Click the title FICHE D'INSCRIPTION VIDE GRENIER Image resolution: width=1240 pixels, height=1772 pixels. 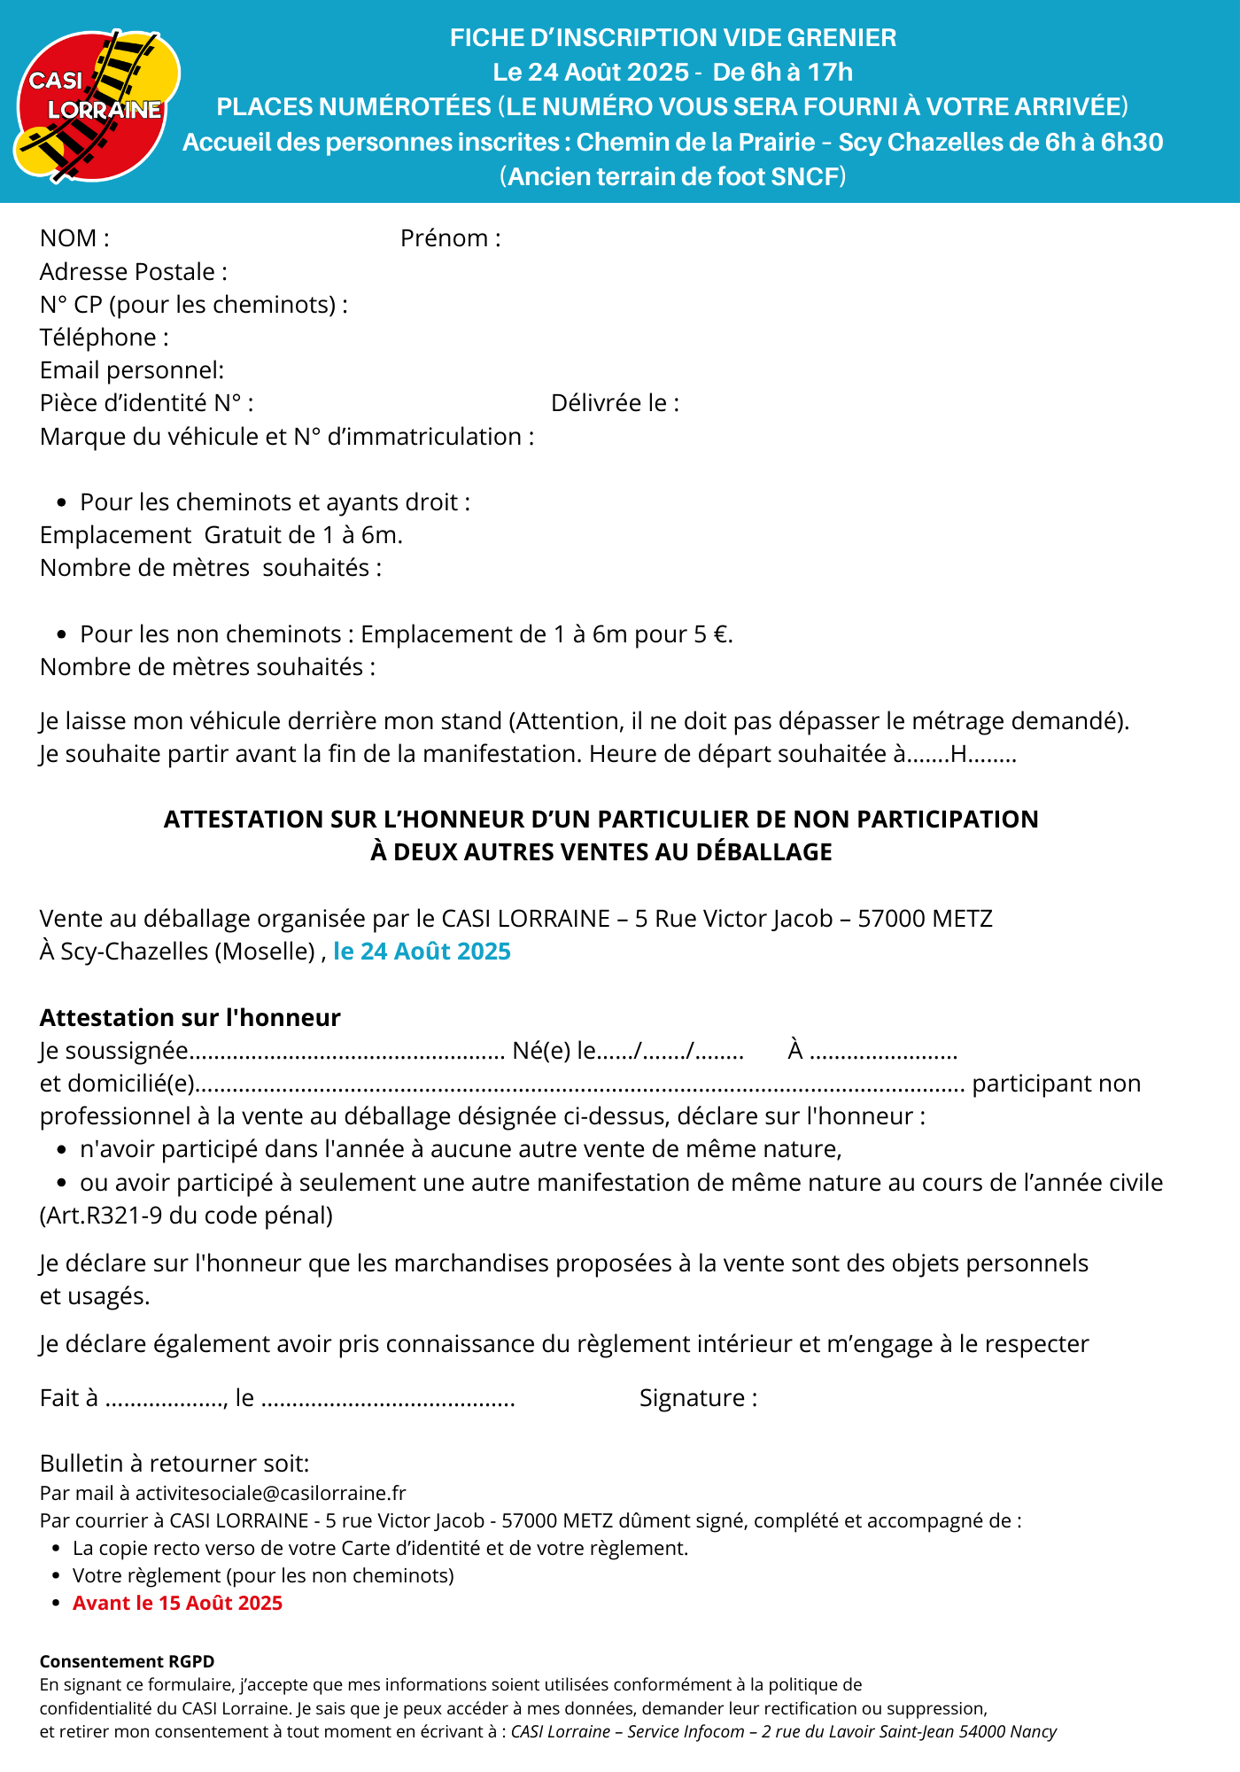(673, 38)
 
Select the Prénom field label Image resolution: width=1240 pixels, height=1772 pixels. (450, 238)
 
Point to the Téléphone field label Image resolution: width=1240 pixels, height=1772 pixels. (104, 338)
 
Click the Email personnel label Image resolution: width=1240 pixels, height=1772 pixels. (131, 370)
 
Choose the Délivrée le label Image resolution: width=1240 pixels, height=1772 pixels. (615, 403)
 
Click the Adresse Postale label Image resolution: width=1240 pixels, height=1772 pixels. (133, 272)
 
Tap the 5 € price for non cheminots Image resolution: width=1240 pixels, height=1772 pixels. (712, 634)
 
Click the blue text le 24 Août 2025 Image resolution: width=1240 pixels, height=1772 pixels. (422, 952)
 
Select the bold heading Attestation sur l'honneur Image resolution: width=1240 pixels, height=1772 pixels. (190, 1017)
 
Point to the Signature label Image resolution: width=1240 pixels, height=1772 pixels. (698, 1398)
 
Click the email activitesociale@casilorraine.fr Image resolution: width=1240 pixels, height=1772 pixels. (270, 1493)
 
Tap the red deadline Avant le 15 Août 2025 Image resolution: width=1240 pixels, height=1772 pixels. (177, 1603)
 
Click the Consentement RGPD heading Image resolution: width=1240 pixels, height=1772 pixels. (127, 1661)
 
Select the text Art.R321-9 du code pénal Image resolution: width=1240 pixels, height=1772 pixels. (186, 1216)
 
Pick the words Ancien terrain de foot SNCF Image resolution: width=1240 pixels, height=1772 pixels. (673, 177)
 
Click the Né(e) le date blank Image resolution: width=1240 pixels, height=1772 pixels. (670, 1052)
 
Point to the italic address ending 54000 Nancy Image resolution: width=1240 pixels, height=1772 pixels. (784, 1731)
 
